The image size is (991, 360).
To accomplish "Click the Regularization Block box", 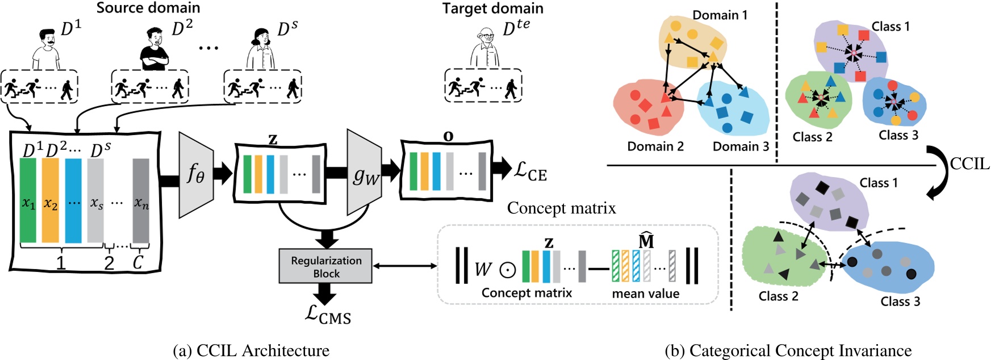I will pyautogui.click(x=325, y=266).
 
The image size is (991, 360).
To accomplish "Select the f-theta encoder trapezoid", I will pyautogui.click(x=196, y=174).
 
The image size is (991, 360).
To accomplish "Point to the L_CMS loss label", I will pyautogui.click(x=328, y=315).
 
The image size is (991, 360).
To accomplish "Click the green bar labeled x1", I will pyautogui.click(x=28, y=200).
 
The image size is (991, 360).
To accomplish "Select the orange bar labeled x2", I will pyautogui.click(x=51, y=200).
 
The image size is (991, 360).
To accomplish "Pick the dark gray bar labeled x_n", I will pyautogui.click(x=141, y=200).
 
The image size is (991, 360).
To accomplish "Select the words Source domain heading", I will pyautogui.click(x=148, y=8).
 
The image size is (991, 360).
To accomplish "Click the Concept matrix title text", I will pyautogui.click(x=561, y=208).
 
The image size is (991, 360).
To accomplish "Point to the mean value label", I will pyautogui.click(x=645, y=294).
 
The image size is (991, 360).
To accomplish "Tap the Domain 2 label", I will pyautogui.click(x=655, y=146).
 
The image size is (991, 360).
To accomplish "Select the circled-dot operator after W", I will pyautogui.click(x=507, y=269).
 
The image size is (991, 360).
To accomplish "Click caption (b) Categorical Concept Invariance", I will pyautogui.click(x=788, y=351).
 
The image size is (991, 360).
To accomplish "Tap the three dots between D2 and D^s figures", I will pyautogui.click(x=208, y=48).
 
